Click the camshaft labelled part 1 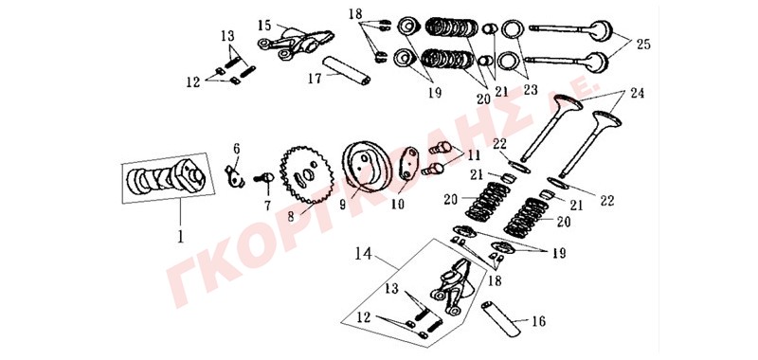[165, 177]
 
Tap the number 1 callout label [180, 237]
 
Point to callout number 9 [342, 205]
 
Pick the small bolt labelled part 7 [265, 178]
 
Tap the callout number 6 [236, 149]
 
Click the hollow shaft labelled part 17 [346, 70]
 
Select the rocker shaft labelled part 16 [501, 319]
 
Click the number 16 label [538, 321]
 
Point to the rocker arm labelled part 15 [296, 43]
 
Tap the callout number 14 [363, 254]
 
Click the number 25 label [643, 45]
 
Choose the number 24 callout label [637, 94]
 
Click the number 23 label [531, 90]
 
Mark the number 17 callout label [316, 78]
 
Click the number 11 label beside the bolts [474, 156]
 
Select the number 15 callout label [265, 26]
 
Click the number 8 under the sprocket [291, 217]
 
